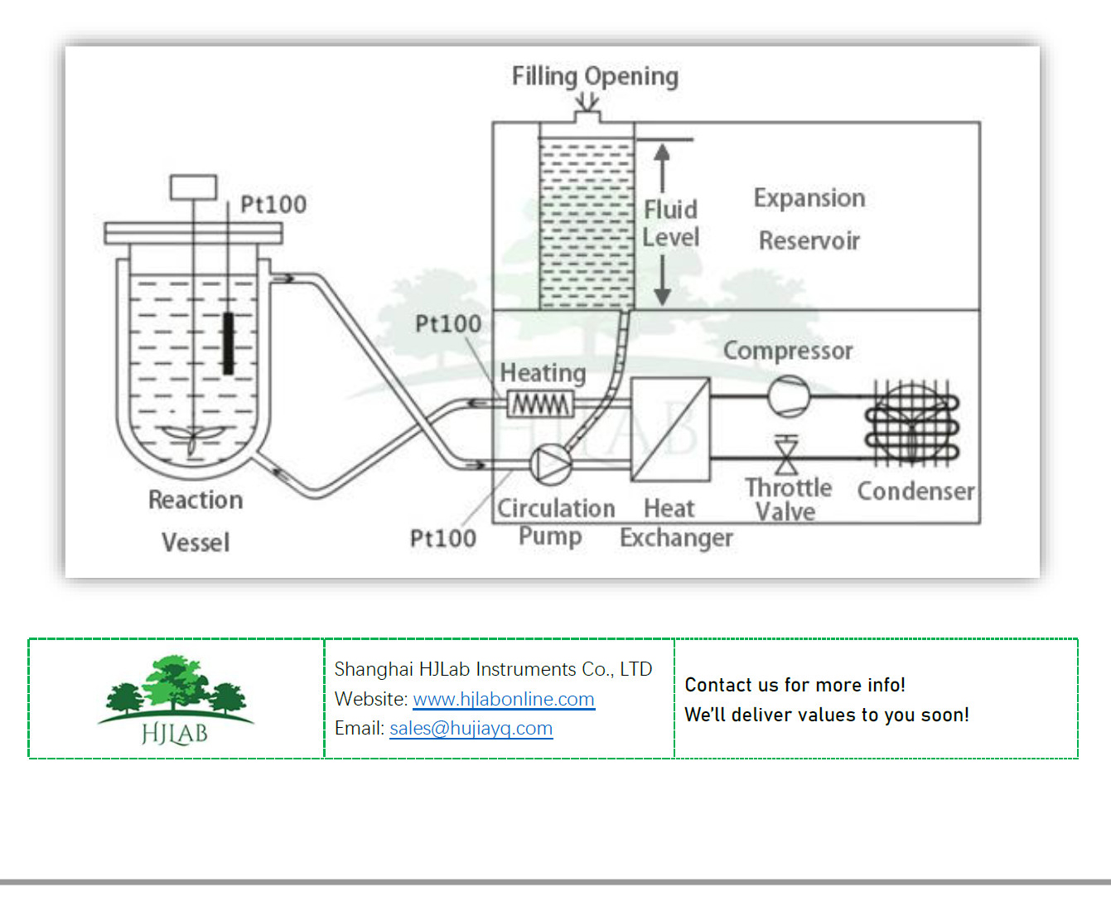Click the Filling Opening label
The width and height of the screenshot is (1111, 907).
[x=594, y=76]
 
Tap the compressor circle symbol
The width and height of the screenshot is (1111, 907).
[x=788, y=395]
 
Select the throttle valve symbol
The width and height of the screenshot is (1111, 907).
[x=786, y=455]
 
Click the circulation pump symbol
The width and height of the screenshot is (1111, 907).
[x=550, y=463]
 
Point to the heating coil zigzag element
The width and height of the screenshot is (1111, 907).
[x=540, y=405]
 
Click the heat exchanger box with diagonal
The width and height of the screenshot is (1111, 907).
[x=670, y=429]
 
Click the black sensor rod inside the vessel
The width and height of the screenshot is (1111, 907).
[x=228, y=342]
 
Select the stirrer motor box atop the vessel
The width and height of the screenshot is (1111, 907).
[x=193, y=187]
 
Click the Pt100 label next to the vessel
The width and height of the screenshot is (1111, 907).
[x=273, y=204]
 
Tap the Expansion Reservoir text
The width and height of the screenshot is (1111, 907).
[x=809, y=219]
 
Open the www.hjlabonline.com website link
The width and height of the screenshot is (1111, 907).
[x=503, y=699]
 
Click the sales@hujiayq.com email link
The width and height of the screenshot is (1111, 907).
[x=471, y=728]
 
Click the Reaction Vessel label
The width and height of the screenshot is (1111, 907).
[x=196, y=521]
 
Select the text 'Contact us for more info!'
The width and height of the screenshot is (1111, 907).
[x=795, y=685]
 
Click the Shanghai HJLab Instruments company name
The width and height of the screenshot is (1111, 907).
[x=493, y=669]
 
